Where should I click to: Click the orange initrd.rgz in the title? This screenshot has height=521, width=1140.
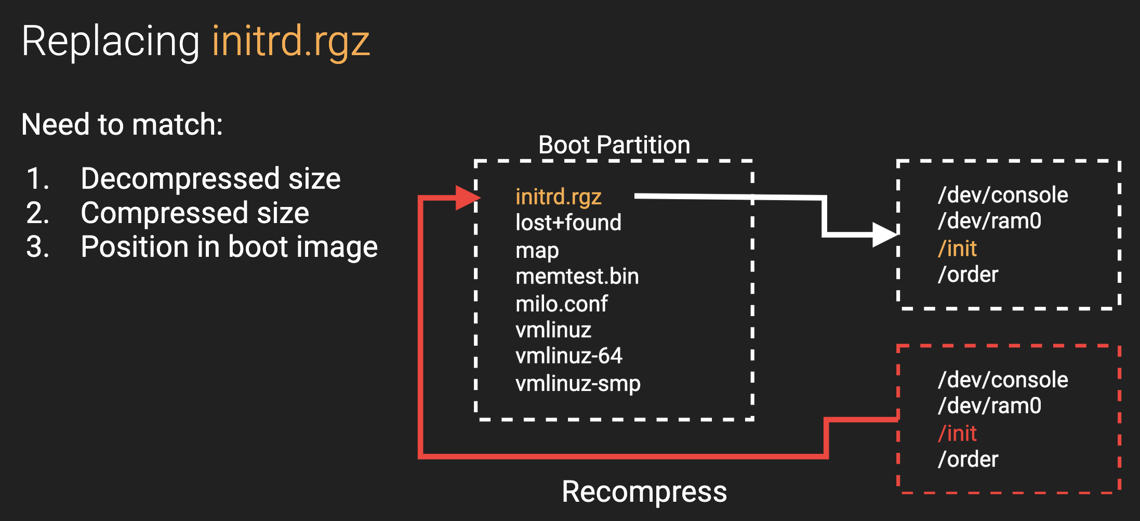(290, 42)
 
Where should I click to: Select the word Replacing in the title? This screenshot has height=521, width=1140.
(110, 42)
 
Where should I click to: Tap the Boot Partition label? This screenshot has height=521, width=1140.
(614, 145)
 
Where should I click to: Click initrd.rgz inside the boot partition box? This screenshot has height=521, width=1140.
(558, 197)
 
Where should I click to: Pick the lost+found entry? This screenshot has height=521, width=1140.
(568, 223)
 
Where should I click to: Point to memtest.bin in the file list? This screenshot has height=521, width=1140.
(577, 276)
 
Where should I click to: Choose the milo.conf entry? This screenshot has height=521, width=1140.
(561, 304)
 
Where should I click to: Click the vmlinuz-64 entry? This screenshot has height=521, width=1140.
(568, 356)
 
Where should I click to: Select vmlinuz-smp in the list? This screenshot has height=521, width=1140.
(578, 383)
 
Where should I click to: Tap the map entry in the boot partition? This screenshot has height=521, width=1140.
(537, 251)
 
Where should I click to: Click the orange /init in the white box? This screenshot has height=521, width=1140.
(957, 249)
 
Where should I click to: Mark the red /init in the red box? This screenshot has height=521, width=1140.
(957, 433)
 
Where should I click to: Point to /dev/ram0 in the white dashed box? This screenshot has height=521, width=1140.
(989, 221)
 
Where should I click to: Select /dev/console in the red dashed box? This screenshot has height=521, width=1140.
(1003, 380)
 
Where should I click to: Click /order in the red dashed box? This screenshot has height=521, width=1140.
(968, 459)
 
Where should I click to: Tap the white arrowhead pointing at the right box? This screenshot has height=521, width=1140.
(884, 235)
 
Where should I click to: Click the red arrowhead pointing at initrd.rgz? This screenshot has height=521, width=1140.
(467, 198)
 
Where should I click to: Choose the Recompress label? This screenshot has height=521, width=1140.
(644, 491)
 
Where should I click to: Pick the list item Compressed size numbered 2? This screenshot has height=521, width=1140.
(195, 213)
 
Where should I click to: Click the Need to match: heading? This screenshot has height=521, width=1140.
(122, 124)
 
